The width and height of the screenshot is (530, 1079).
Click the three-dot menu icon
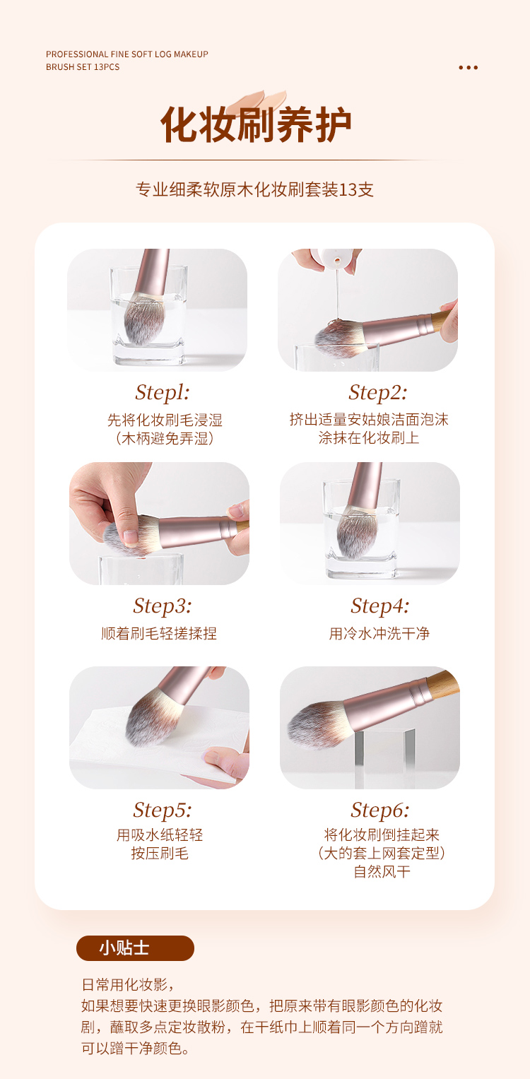(x=468, y=67)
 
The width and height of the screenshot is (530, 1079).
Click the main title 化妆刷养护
(x=255, y=125)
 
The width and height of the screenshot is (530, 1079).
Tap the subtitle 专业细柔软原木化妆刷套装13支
(x=254, y=189)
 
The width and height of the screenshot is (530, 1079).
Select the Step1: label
(x=162, y=393)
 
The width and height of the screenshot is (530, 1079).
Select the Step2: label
(x=378, y=393)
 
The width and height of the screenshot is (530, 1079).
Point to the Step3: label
(x=163, y=606)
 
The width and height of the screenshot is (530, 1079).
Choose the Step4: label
(x=379, y=606)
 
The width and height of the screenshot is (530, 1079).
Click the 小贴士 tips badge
(x=135, y=948)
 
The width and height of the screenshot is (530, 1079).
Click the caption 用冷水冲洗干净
(x=379, y=633)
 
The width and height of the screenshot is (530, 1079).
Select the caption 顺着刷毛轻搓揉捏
(x=159, y=633)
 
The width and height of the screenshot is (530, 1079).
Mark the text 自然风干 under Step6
(x=382, y=871)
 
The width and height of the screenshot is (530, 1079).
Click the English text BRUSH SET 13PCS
(x=83, y=67)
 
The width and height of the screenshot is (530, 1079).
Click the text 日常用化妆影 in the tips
(x=124, y=984)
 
